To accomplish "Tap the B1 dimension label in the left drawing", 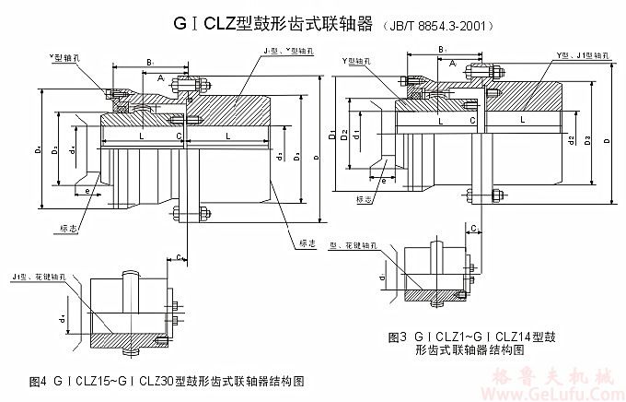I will point(150,61).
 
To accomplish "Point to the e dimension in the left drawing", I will point(87,190).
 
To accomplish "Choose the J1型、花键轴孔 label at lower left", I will point(36,276).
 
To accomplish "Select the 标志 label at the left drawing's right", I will point(307,243).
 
